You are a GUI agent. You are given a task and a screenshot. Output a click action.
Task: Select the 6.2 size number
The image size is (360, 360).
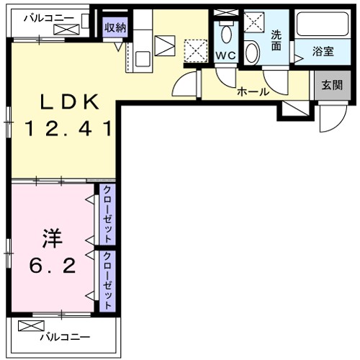pyautogui.click(x=53, y=266)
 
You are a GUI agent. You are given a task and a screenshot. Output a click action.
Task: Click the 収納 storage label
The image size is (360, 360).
pyautogui.click(x=114, y=28)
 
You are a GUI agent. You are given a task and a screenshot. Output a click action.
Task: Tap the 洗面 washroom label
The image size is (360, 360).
pyautogui.click(x=277, y=40)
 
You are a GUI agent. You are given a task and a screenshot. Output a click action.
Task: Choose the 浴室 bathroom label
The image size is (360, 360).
pyautogui.click(x=324, y=52)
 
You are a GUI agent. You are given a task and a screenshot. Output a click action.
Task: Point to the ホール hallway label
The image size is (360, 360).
pyautogui.click(x=253, y=91)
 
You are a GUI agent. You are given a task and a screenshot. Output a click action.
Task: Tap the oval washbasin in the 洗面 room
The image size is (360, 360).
pyautogui.click(x=252, y=52)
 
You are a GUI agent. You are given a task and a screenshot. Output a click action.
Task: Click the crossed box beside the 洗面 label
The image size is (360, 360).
pyautogui.click(x=254, y=22)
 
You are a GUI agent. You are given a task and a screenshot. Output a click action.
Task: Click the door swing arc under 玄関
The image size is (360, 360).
pyautogui.click(x=331, y=119)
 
